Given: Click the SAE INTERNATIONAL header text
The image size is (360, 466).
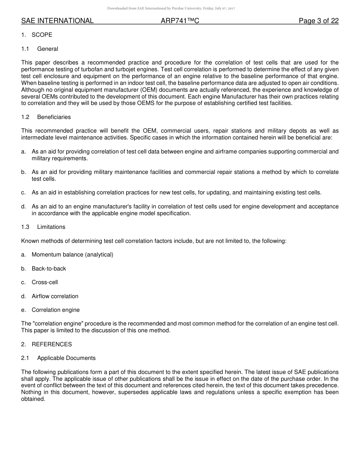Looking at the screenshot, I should [57, 21].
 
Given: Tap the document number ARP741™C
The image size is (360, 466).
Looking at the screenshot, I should [180, 21].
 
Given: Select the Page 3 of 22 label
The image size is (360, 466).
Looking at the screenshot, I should [319, 21].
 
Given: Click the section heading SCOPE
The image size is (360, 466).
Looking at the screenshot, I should [42, 35].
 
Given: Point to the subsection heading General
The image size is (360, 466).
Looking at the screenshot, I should [48, 49].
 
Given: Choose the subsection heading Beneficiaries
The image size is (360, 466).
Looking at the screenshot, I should [54, 117].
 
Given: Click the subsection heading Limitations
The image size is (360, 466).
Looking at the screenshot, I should [51, 227].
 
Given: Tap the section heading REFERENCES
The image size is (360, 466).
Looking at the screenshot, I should [52, 344].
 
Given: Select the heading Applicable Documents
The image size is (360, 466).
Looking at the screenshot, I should [66, 358].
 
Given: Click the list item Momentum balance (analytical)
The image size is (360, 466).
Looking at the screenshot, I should [72, 255].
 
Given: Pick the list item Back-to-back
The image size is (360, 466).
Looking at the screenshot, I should [49, 269].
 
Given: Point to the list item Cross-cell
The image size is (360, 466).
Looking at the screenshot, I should [45, 282].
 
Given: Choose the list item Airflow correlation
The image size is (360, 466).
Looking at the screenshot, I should [55, 296].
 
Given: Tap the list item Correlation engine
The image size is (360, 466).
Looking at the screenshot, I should [56, 310].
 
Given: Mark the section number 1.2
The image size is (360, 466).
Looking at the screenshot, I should [25, 117].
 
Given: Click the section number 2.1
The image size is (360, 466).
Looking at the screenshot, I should [25, 358].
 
